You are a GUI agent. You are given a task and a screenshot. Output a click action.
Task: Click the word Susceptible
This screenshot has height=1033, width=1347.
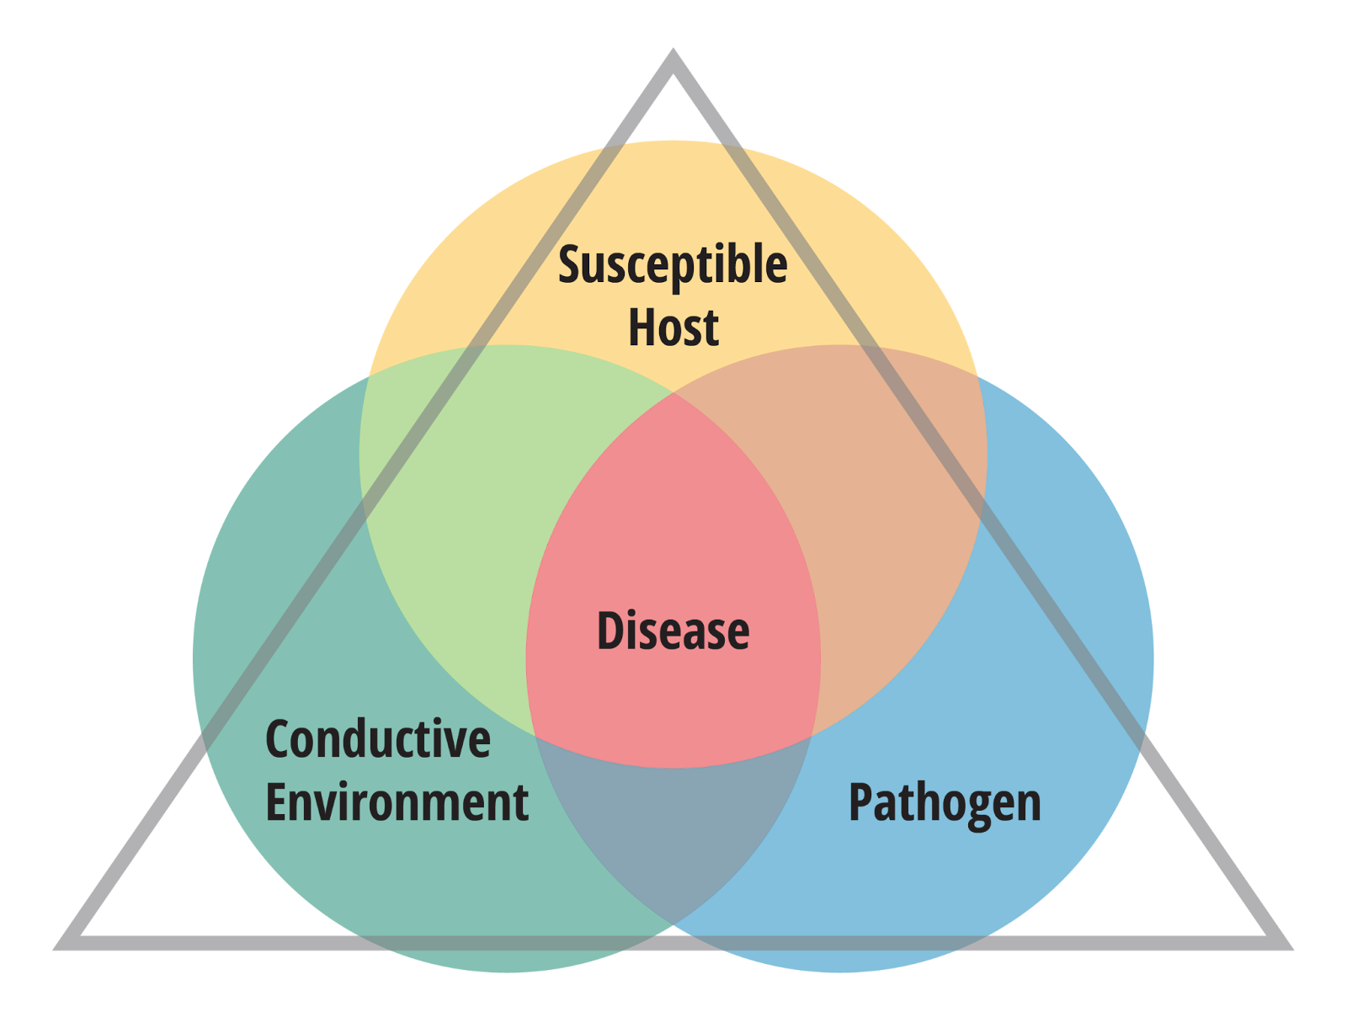(673, 266)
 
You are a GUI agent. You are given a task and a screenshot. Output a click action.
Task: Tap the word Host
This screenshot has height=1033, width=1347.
(673, 327)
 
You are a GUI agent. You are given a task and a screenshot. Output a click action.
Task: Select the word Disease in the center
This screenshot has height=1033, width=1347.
(673, 631)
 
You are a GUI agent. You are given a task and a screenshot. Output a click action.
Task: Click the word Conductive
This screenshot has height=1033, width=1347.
(378, 739)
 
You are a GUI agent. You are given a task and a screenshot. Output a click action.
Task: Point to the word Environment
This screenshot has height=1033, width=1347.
(397, 802)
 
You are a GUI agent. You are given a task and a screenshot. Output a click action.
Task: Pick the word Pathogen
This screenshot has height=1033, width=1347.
(945, 803)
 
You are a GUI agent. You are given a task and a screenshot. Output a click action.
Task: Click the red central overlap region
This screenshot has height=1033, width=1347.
(673, 547)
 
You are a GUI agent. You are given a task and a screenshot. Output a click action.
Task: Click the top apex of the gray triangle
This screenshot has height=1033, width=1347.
(673, 56)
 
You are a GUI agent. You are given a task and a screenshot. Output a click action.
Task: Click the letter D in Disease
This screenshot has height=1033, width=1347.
(610, 631)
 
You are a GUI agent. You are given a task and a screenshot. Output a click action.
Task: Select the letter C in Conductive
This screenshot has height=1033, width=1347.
(279, 739)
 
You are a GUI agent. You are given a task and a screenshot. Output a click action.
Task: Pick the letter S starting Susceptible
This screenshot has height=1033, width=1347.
(571, 266)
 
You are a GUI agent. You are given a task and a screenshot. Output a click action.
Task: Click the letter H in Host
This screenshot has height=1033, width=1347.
(643, 327)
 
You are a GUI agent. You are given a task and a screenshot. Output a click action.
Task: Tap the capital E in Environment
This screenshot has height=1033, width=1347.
(277, 802)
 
